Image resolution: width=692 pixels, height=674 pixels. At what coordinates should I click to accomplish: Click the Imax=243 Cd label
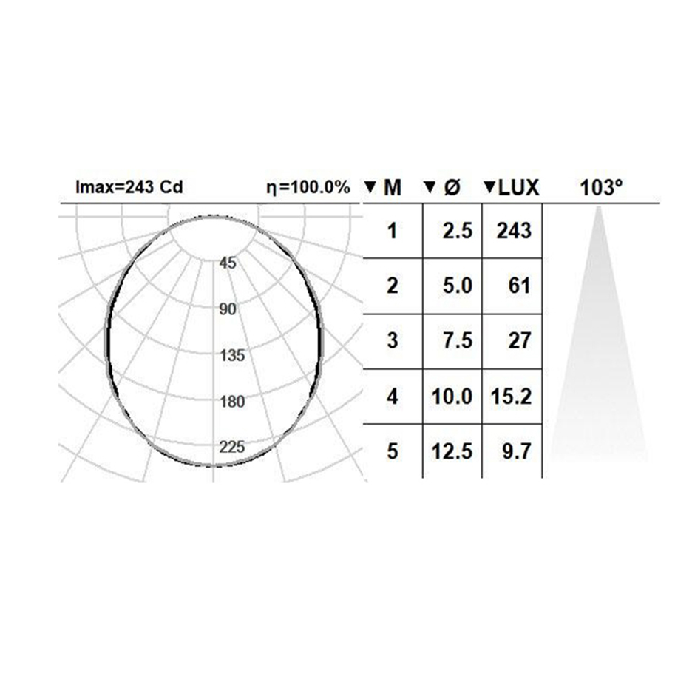[x=129, y=187]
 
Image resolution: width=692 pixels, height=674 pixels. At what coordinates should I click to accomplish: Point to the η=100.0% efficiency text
[x=308, y=188]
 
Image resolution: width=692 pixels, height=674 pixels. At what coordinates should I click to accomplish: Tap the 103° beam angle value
[x=601, y=188]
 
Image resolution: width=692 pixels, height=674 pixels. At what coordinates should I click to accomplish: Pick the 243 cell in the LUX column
[x=514, y=231]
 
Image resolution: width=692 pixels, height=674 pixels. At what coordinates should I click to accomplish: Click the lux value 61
[x=519, y=286]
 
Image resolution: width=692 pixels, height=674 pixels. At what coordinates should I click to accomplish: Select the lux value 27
[x=519, y=340]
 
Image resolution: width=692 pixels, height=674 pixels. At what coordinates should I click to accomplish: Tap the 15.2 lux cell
[x=511, y=396]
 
